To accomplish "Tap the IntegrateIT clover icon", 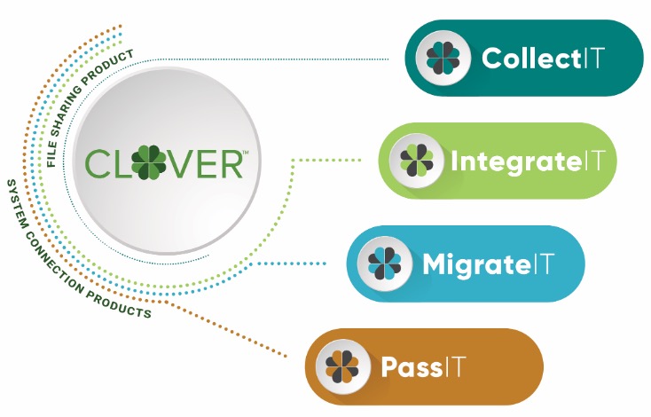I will pyautogui.click(x=415, y=161).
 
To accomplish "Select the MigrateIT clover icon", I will pyautogui.click(x=384, y=264).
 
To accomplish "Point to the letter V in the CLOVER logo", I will pyautogui.click(x=180, y=164).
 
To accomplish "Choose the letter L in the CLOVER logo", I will pyautogui.click(x=122, y=164).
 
